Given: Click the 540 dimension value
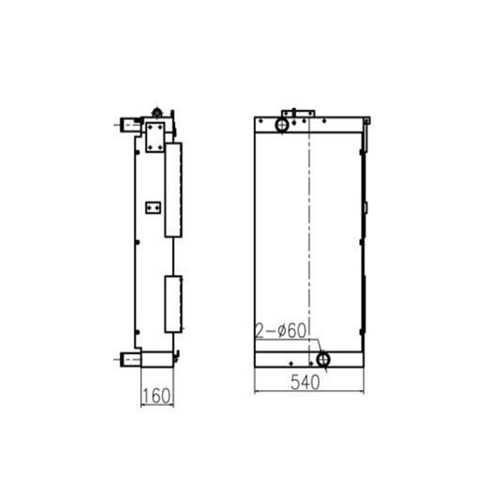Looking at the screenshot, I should (304, 382).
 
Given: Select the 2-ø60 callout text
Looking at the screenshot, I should (281, 331).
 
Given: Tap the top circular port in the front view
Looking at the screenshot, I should (282, 125).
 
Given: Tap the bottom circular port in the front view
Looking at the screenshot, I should (323, 359).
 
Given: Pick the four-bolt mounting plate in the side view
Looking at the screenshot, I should (155, 137).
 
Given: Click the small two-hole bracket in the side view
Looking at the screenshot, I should (152, 207).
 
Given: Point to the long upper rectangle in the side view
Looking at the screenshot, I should (173, 190).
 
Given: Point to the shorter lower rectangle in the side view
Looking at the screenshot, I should (173, 304).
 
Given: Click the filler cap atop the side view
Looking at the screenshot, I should (157, 113).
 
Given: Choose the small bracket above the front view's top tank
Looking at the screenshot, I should (298, 113).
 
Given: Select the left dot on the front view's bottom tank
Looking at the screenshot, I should (291, 363).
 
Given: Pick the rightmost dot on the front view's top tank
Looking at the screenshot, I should (325, 121).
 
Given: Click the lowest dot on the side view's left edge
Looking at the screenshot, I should (137, 333).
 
